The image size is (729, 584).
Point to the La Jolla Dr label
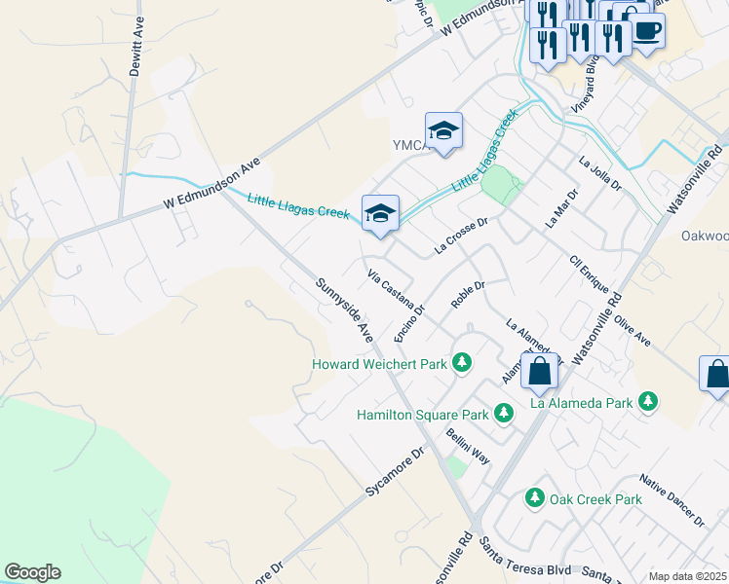[x=599, y=173]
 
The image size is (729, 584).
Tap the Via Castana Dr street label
[x=397, y=293]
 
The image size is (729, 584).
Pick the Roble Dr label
[x=468, y=294]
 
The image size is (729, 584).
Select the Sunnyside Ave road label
[x=344, y=310]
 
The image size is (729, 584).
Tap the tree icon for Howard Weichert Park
[x=463, y=364]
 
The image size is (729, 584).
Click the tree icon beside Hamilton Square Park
[x=504, y=414]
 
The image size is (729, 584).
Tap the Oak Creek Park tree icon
[x=534, y=498]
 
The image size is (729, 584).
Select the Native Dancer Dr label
[x=672, y=500]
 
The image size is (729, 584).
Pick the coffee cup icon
[x=646, y=29]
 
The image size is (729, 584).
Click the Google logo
[x=32, y=572]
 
